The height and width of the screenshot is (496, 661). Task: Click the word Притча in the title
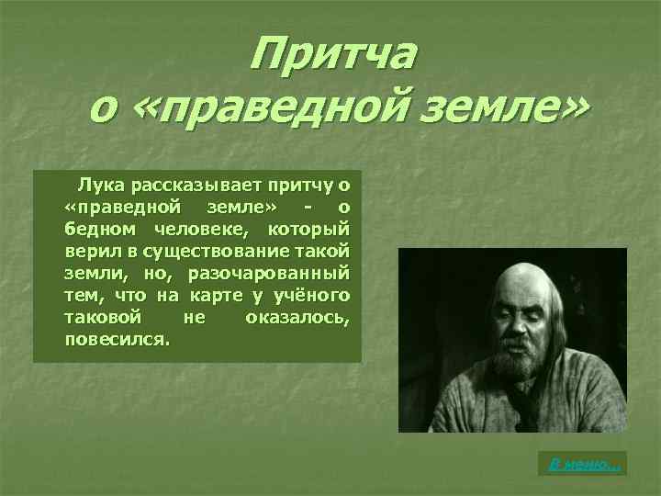point(334,56)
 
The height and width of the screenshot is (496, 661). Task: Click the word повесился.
point(117,339)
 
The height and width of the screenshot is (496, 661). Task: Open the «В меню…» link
point(584,466)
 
